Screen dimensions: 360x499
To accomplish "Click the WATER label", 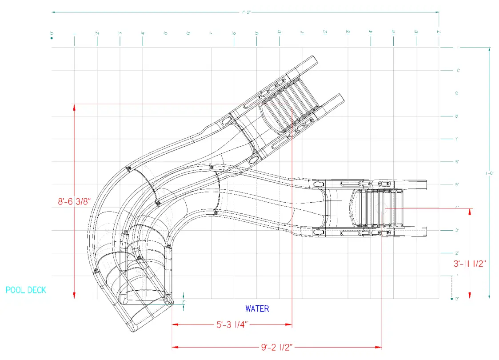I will [257, 308].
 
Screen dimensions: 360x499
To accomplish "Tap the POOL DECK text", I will [26, 290].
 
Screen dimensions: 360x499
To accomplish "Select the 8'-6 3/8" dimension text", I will [74, 201].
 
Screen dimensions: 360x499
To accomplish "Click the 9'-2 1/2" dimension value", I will [276, 347].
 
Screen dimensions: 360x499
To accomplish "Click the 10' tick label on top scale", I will [279, 32].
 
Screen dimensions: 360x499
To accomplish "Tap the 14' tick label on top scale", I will [371, 32].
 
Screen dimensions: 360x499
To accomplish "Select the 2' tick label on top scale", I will [97, 33].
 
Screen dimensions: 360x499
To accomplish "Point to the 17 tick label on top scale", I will [439, 32].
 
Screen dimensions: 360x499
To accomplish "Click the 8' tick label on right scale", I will [457, 116].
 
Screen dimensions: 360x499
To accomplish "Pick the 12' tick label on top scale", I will [325, 32].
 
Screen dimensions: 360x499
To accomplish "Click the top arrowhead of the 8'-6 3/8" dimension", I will [74, 107].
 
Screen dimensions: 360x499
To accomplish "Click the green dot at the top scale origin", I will [52, 38].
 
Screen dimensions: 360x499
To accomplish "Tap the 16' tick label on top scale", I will [416, 32].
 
